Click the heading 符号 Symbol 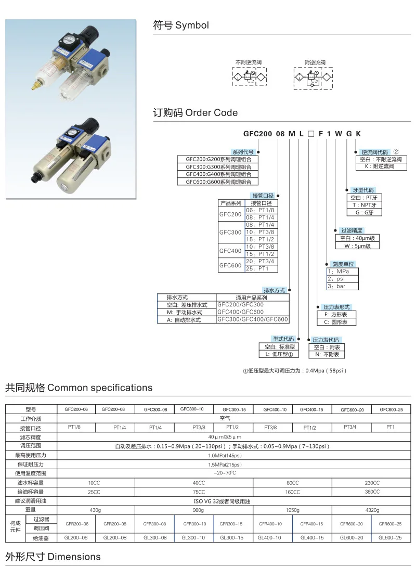180,25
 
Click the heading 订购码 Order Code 195,112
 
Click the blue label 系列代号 243,152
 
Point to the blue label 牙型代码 363,190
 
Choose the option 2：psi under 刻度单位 336,279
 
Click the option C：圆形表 336,322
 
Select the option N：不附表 327,354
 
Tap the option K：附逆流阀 381,166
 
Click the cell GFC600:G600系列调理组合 218,182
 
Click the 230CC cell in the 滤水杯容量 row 372,483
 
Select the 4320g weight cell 372,510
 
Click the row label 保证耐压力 31,464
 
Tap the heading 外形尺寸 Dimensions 53,557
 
